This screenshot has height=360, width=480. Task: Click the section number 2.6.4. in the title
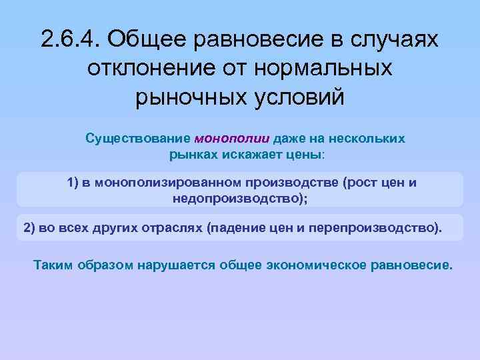[69, 39]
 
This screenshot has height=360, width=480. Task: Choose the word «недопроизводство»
[237, 198]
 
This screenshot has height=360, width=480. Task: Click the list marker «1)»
[73, 183]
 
